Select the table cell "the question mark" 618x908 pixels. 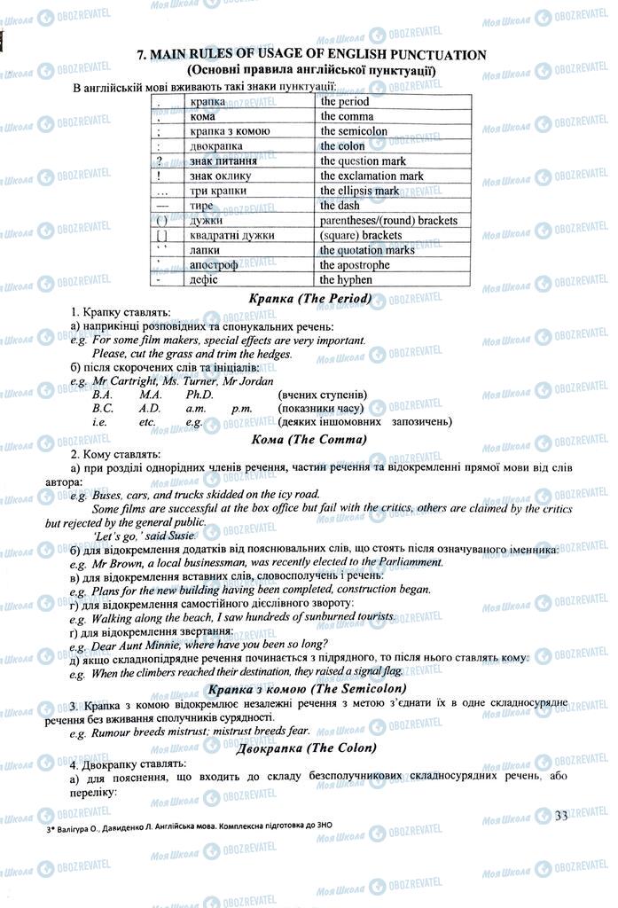tap(363, 161)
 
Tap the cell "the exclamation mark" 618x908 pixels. tap(372, 176)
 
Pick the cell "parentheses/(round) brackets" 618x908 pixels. tap(388, 220)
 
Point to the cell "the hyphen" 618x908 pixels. tap(346, 279)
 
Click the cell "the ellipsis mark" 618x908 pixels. tap(359, 191)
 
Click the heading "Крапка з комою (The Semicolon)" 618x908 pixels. tap(307, 689)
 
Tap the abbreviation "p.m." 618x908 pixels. tap(241, 409)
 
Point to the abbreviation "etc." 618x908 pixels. tap(147, 423)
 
